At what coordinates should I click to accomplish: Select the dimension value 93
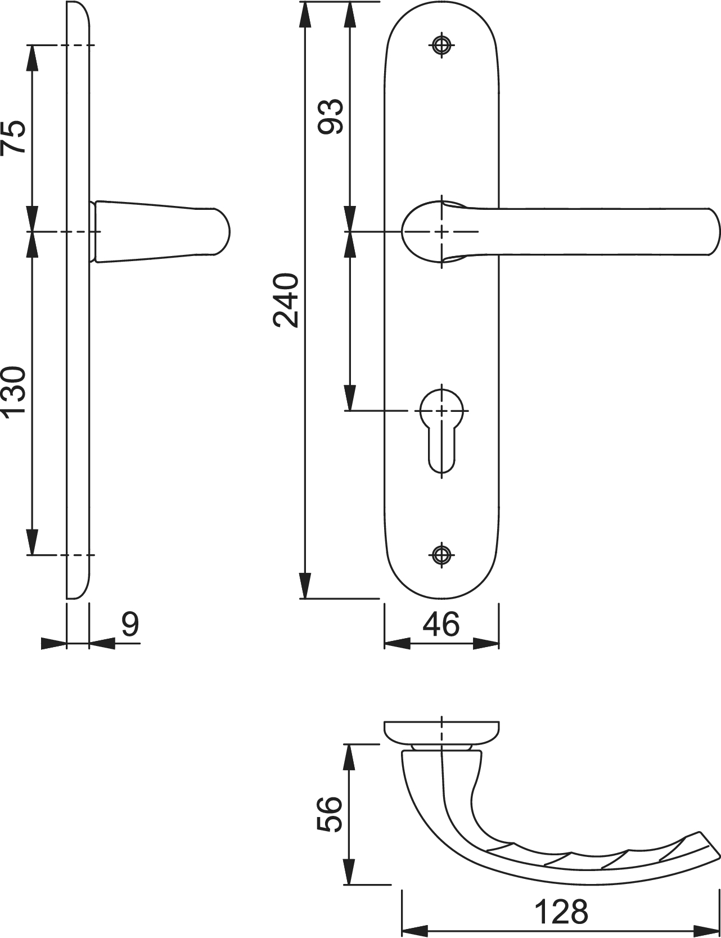(x=330, y=116)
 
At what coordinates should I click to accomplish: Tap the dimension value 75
(x=13, y=137)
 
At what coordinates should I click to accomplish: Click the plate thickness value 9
(x=130, y=624)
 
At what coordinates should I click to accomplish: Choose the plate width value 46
(x=441, y=624)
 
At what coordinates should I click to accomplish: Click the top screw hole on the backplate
(x=442, y=46)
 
